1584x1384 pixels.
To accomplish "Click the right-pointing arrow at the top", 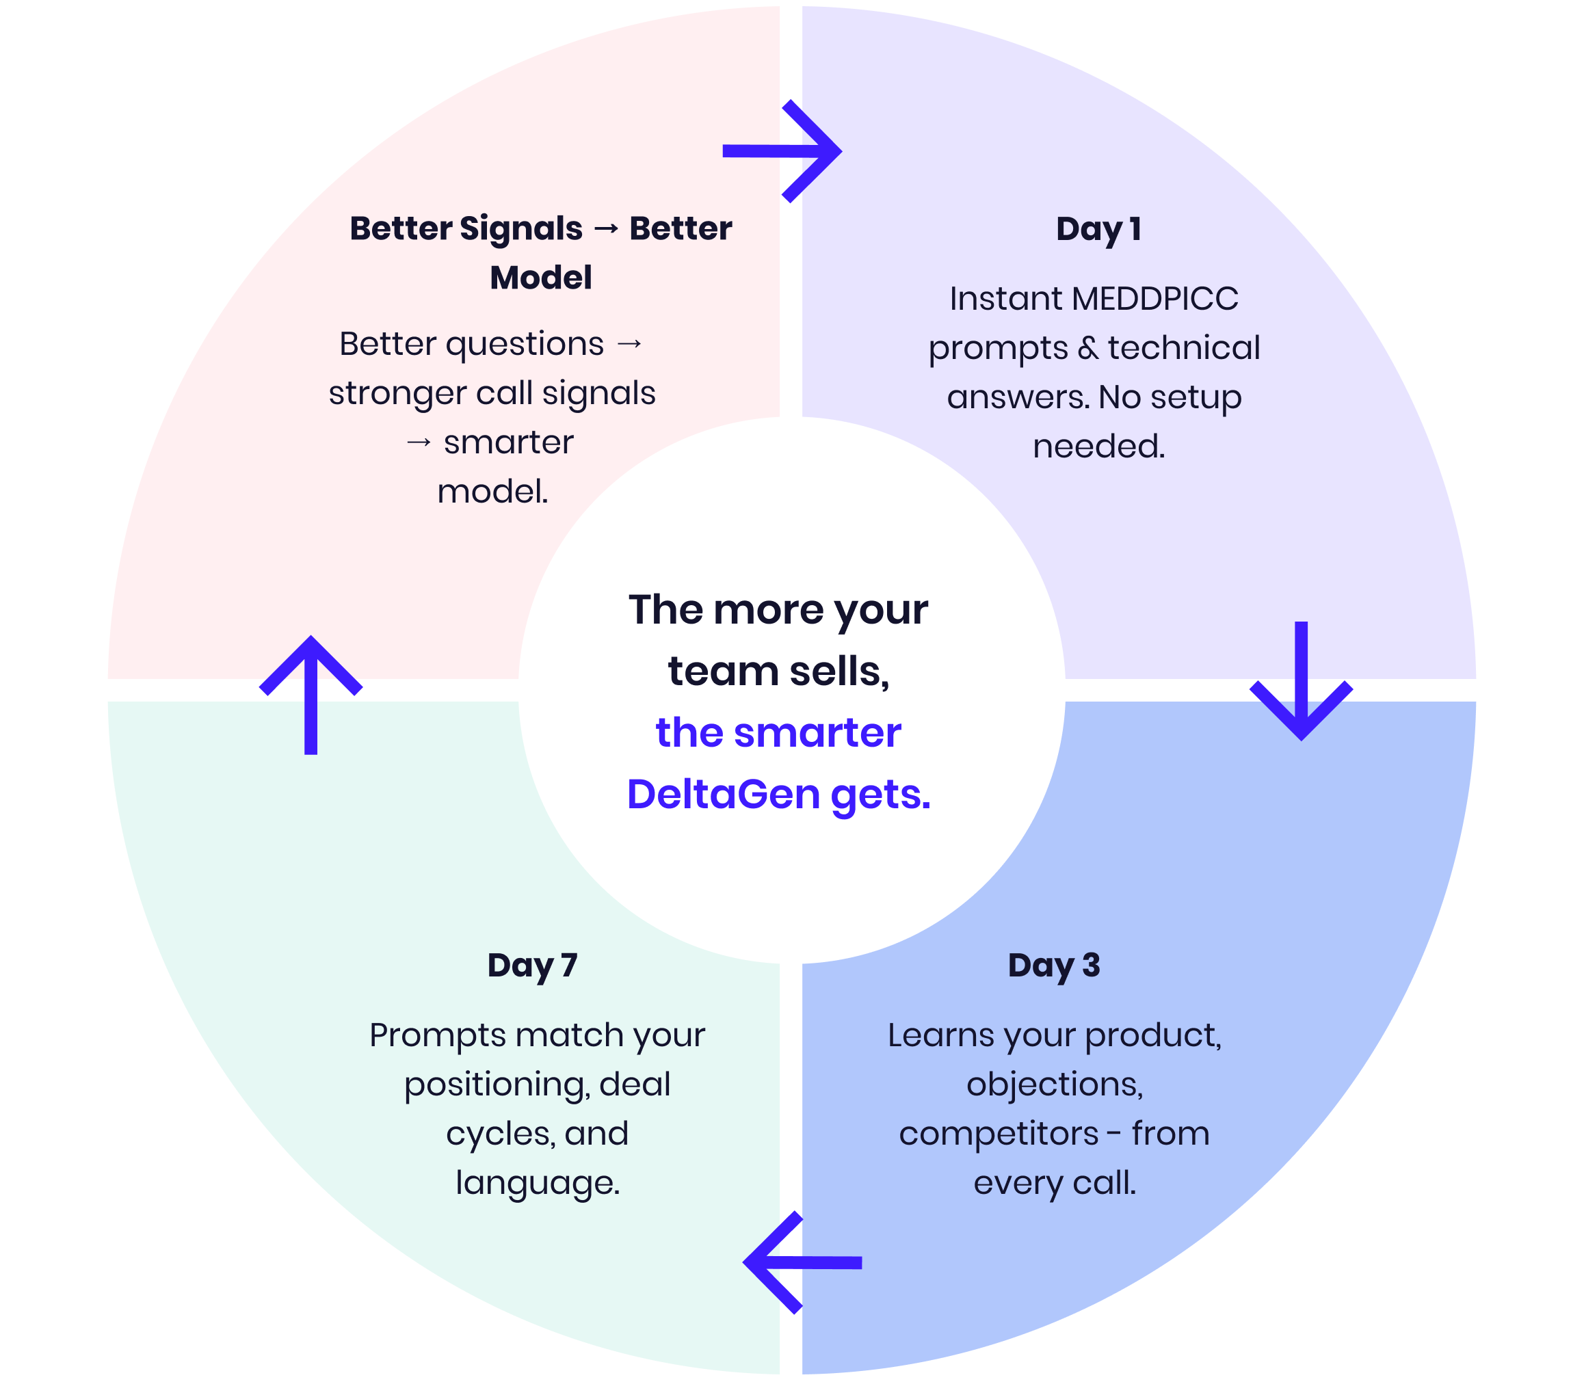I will tap(782, 151).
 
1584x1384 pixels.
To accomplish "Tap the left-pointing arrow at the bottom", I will tap(802, 1262).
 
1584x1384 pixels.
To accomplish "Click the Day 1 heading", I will tap(1098, 229).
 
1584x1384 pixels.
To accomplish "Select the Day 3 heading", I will tap(1053, 966).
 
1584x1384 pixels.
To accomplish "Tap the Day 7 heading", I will tap(532, 966).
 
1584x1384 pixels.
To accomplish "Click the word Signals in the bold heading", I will tap(520, 228).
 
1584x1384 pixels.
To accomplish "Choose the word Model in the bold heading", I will tap(540, 278).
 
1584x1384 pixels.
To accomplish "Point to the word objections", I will tap(1054, 1084).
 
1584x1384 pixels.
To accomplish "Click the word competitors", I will tap(998, 1134).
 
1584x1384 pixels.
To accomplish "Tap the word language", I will tap(538, 1183).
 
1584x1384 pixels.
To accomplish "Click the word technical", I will tap(1183, 348).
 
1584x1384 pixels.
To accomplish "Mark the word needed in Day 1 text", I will tap(1098, 447).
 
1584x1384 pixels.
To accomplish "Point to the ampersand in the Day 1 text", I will tap(1087, 348).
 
